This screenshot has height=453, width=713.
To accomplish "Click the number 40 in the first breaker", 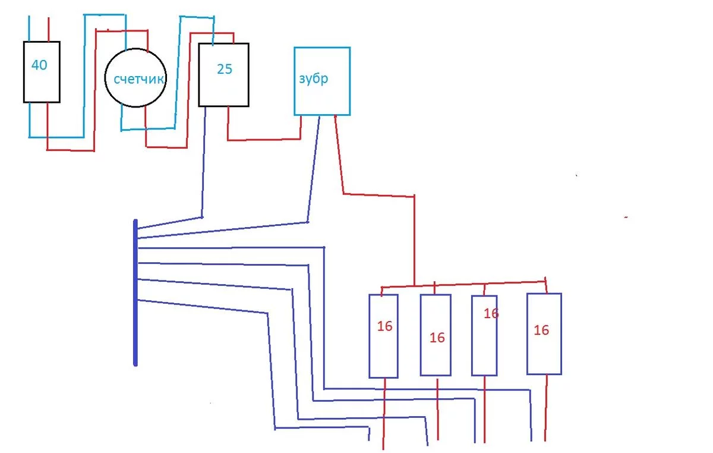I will (39, 65).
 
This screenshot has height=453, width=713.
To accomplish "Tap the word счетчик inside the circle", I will (135, 79).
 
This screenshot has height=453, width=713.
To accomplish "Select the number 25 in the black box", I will (224, 69).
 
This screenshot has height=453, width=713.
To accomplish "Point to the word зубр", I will (313, 80).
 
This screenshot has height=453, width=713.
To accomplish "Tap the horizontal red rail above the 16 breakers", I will (463, 284).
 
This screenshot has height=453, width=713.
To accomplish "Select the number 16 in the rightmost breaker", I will (541, 330).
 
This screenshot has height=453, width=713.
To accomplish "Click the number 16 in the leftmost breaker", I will (384, 326).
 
